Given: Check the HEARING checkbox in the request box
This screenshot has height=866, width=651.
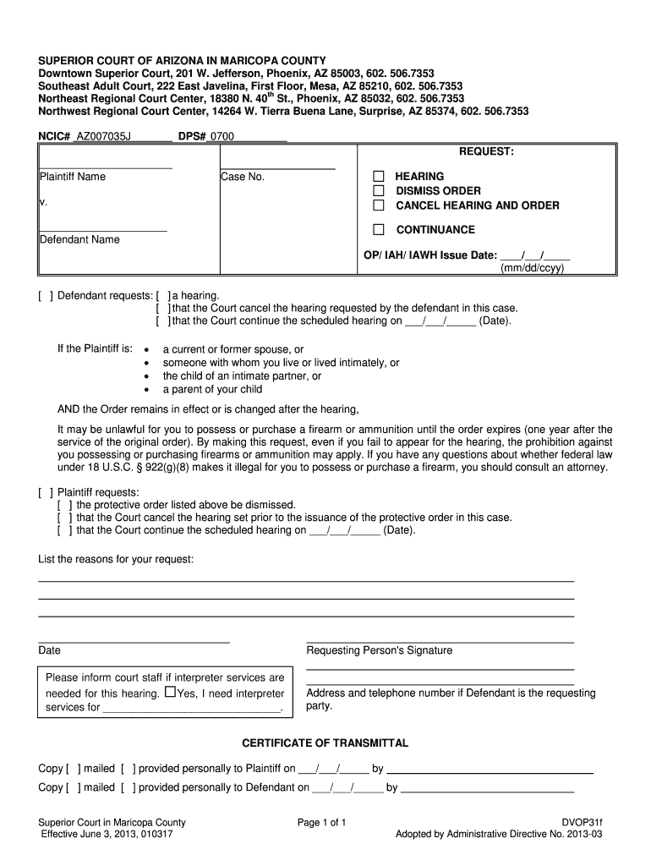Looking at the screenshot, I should pyautogui.click(x=379, y=177).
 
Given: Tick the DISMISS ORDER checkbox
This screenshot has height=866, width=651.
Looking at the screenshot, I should pyautogui.click(x=379, y=191).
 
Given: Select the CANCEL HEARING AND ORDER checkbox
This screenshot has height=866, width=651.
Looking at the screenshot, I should pyautogui.click(x=379, y=206).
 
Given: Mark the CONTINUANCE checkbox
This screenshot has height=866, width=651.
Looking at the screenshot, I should pyautogui.click(x=379, y=229).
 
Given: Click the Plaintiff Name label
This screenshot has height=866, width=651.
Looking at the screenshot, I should pyautogui.click(x=73, y=177).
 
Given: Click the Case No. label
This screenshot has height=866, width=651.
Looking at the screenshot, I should pyautogui.click(x=243, y=177).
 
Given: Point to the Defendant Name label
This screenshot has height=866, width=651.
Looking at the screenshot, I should pyautogui.click(x=79, y=239).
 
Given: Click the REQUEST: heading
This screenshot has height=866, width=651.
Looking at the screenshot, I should pyautogui.click(x=486, y=151).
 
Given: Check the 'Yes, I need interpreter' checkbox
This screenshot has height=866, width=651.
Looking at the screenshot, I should pyautogui.click(x=171, y=693).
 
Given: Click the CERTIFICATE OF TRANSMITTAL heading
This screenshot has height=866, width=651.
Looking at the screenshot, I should pyautogui.click(x=325, y=743).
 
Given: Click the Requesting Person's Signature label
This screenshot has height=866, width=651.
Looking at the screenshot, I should pyautogui.click(x=379, y=650).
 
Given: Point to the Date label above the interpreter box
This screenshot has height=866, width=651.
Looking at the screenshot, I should pyautogui.click(x=50, y=650).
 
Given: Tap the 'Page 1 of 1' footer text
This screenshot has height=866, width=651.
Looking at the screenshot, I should pyautogui.click(x=322, y=822).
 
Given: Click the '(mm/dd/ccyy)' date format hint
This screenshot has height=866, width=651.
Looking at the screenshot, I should pyautogui.click(x=533, y=268).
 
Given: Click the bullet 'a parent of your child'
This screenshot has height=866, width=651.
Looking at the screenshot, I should pyautogui.click(x=212, y=390).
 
